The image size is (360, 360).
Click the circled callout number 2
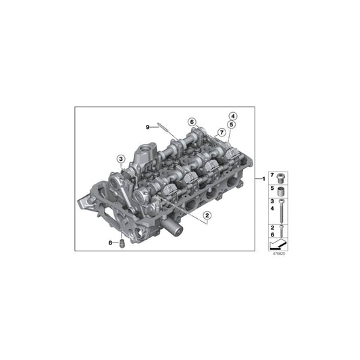click(x=207, y=215)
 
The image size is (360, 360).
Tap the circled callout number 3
click(x=121, y=159)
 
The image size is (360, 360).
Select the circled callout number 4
click(x=232, y=115)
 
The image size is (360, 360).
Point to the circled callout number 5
click(x=232, y=124)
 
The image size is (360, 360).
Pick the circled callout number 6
click(x=192, y=122)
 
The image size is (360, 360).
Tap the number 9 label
click(x=147, y=126)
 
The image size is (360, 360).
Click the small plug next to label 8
click(x=122, y=242)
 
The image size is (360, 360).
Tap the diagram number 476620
click(x=278, y=254)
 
